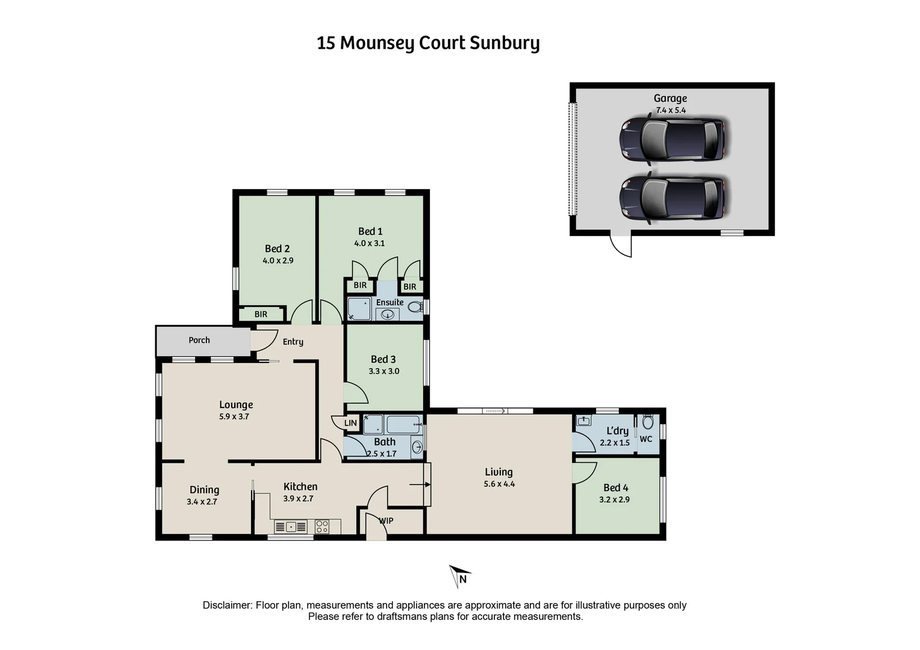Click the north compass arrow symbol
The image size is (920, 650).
coord(459,576)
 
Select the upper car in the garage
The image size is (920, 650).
coord(672,140)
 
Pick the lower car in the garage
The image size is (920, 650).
coord(672,198)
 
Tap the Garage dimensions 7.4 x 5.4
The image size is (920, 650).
coord(671,110)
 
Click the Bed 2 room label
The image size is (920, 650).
coord(278,249)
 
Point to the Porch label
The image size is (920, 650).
coord(199,340)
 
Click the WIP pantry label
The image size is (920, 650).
coord(386,521)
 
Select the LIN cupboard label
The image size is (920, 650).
coord(350,423)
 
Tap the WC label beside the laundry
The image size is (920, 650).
coord(646,439)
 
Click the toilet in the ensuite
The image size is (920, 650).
coord(414,308)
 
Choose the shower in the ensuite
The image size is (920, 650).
coord(359,309)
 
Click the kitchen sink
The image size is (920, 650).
coord(291,527)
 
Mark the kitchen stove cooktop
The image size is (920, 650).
coord(322,527)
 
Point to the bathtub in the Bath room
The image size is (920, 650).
coord(403,425)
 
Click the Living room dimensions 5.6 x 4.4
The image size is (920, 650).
coord(499,484)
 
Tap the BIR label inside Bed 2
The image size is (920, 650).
coord(261,314)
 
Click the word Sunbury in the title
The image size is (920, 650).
coord(505,43)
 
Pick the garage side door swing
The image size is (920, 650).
coord(622,245)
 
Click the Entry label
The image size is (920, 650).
coord(293,342)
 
